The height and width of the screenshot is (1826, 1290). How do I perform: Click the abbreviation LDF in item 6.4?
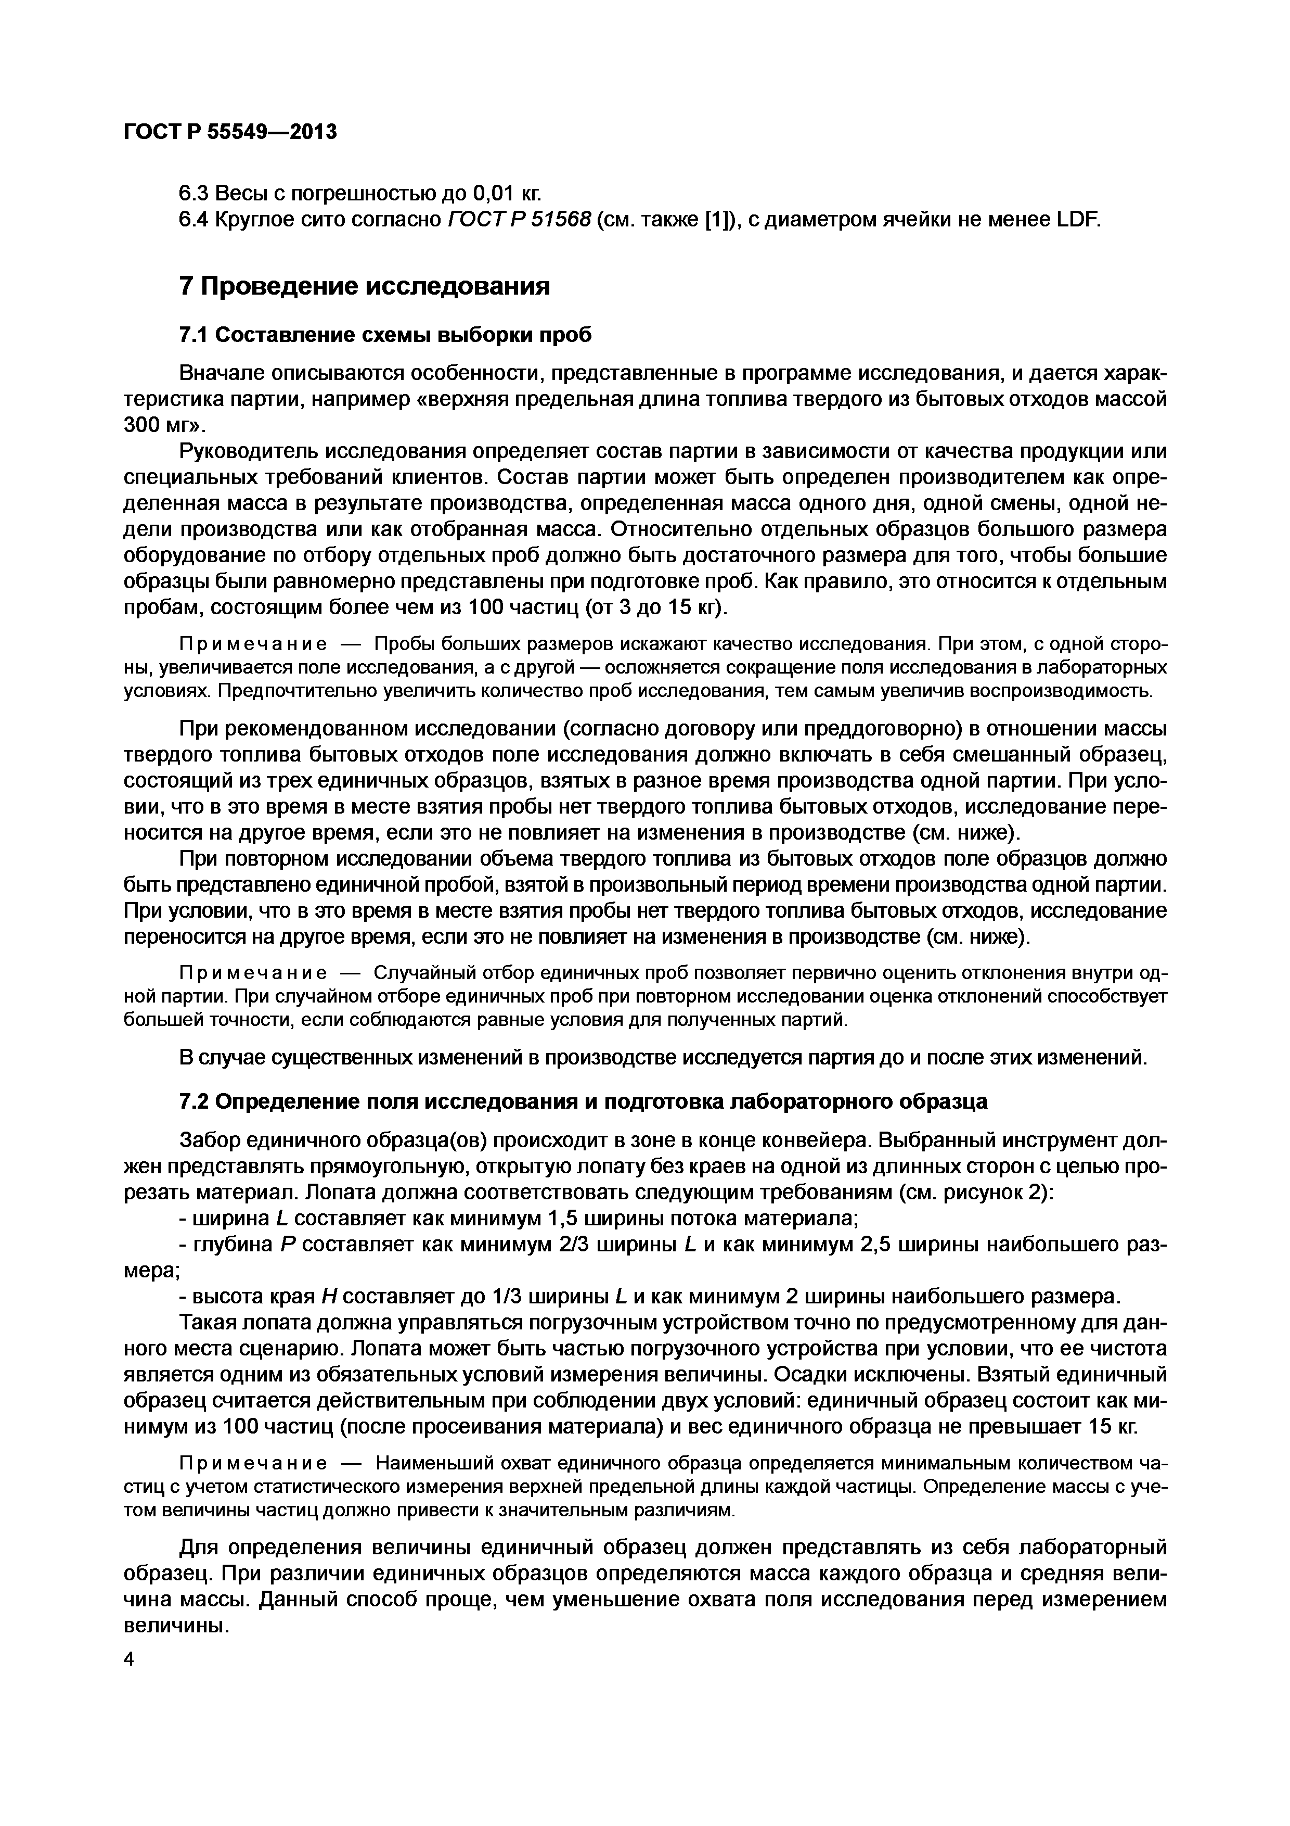click(1077, 220)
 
